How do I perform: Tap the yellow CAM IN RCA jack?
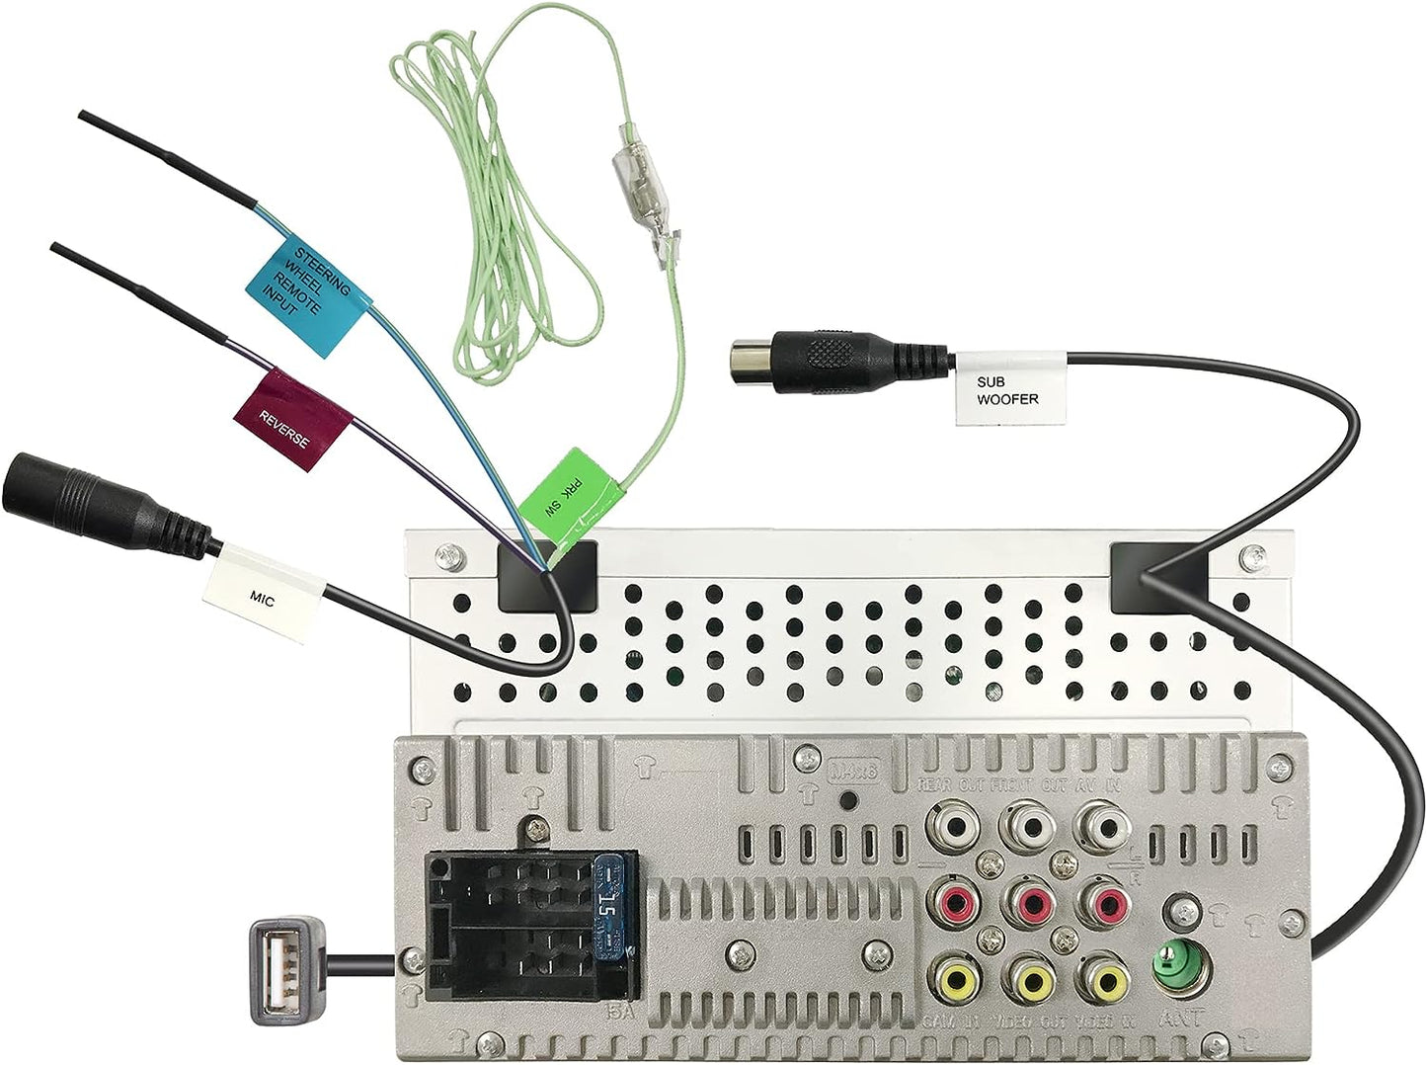point(956,981)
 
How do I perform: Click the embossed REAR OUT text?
point(953,784)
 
